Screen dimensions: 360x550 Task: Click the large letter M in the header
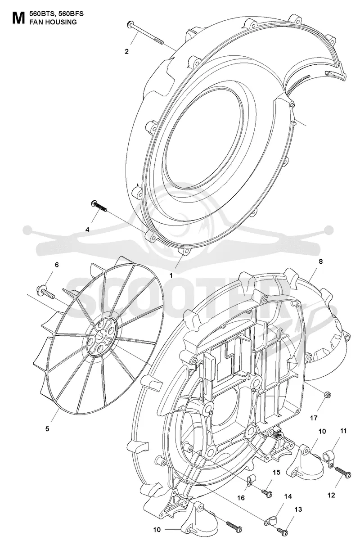click(x=18, y=18)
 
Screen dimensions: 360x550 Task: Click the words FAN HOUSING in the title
click(x=53, y=22)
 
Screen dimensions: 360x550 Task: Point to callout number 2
click(x=126, y=51)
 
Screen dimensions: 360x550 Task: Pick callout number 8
click(x=320, y=261)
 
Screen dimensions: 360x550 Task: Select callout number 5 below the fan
click(x=47, y=429)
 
